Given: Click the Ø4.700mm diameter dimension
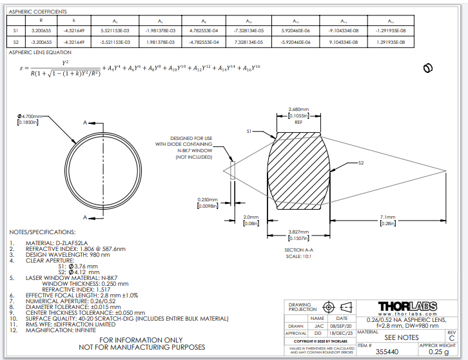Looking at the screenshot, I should [30, 117].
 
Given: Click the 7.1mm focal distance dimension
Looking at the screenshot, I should [387, 217].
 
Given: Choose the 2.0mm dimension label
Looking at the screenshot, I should [251, 217].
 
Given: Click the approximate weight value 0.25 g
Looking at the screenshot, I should [438, 352].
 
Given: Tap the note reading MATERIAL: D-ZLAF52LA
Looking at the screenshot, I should [56, 242].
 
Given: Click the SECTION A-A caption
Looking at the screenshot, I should [298, 250].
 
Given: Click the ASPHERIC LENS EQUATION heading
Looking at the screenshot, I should [40, 52].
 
